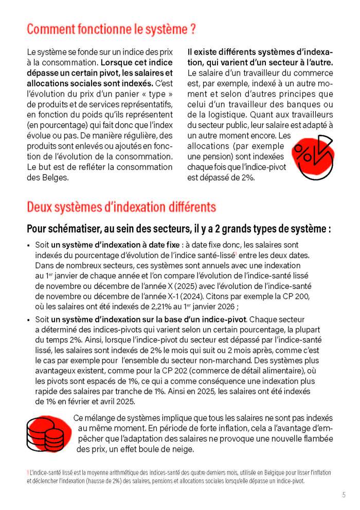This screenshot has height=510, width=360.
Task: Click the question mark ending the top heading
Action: [192, 29]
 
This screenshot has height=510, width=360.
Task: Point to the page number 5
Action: [344, 495]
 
